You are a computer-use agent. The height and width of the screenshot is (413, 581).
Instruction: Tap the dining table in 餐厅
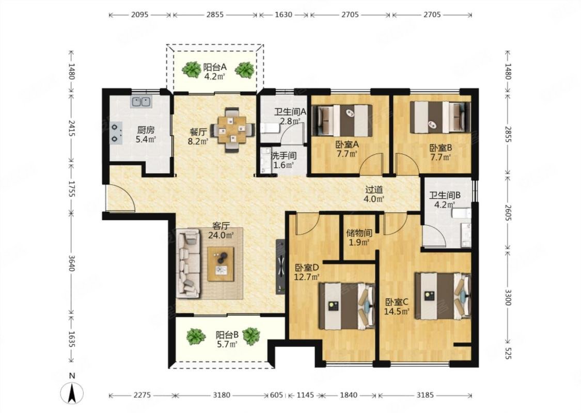[x=232, y=130]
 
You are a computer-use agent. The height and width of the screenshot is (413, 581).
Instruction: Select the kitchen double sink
[x=141, y=102]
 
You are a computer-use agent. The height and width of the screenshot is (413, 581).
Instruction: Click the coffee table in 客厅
[x=221, y=264]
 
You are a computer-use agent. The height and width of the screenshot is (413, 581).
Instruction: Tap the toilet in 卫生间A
[x=268, y=128]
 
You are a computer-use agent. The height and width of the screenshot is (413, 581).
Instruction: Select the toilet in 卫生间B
[x=461, y=214]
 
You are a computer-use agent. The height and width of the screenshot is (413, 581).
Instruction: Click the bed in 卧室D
[x=347, y=306]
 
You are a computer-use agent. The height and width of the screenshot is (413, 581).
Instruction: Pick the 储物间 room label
[x=359, y=233]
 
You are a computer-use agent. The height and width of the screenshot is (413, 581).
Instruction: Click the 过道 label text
[x=374, y=189]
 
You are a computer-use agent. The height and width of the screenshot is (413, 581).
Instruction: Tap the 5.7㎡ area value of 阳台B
[x=227, y=344]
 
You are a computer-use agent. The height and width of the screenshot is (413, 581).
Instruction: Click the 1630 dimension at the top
[x=284, y=15]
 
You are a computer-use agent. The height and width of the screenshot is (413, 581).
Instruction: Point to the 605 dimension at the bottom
[x=276, y=395]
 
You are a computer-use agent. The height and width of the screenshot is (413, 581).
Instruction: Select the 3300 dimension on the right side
[x=508, y=296]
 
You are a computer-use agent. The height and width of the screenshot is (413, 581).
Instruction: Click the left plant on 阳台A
[x=191, y=70]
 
